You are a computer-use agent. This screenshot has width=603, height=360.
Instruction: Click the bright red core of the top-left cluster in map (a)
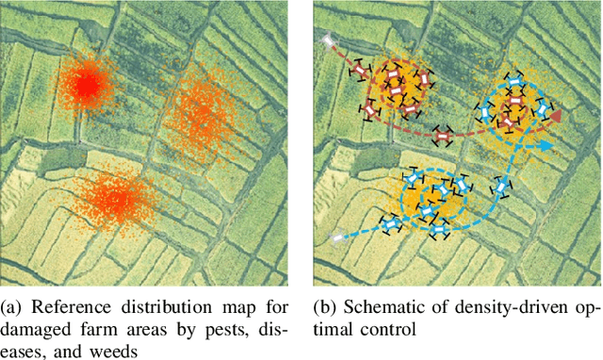[x=87, y=86]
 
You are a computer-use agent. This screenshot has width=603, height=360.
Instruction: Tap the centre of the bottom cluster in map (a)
[x=116, y=198]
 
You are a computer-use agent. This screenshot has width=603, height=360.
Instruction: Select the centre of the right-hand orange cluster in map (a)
[x=199, y=112]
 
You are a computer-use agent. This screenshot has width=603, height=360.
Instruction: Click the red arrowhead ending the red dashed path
[x=556, y=115]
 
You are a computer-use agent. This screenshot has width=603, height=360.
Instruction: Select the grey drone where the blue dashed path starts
[x=337, y=239]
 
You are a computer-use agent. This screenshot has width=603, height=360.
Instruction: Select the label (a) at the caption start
[x=13, y=307]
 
